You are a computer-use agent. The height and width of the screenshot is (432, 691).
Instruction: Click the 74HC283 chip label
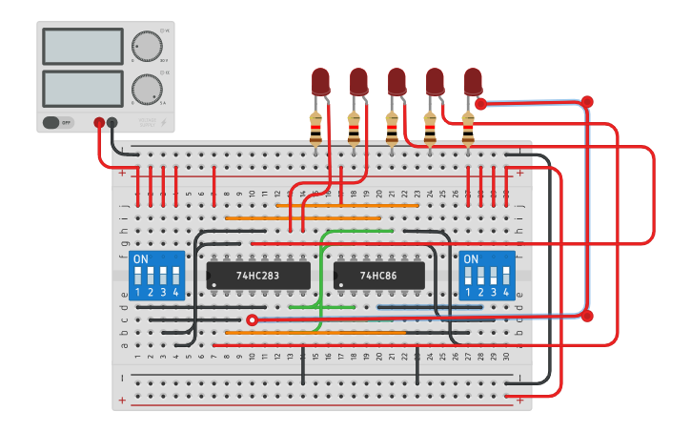click(258, 276)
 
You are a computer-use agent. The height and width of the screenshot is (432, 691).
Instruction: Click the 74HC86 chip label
click(378, 276)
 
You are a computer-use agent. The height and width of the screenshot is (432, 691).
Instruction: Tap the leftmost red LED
click(320, 81)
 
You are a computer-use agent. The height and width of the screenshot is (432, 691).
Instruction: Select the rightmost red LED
click(473, 81)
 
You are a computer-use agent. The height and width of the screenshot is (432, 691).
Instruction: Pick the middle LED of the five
click(396, 81)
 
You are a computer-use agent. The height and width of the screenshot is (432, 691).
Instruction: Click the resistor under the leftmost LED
click(315, 128)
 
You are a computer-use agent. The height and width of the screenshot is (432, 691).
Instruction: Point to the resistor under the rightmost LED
click(468, 128)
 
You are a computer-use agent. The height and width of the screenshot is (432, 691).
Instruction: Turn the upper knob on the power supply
click(147, 46)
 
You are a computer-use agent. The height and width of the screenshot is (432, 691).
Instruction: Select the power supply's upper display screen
click(83, 46)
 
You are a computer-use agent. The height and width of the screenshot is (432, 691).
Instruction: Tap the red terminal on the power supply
click(99, 122)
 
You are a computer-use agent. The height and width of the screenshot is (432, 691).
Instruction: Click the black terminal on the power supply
click(112, 122)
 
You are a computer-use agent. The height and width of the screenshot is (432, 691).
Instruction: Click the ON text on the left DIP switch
click(141, 259)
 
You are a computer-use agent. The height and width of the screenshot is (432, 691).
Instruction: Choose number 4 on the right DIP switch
click(505, 292)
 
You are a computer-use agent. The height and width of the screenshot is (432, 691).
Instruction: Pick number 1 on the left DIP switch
click(138, 292)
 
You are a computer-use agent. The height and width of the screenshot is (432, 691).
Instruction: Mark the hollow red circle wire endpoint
click(252, 320)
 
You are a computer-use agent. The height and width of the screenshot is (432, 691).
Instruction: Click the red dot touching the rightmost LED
click(480, 103)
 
